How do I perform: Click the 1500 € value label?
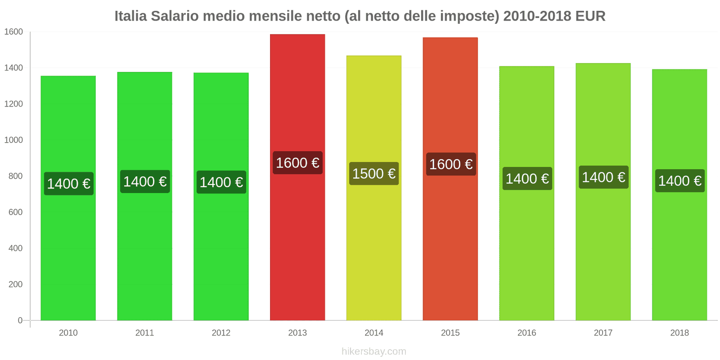[x=373, y=174]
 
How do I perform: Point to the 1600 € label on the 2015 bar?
[x=450, y=164]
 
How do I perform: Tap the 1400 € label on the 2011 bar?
[x=145, y=181]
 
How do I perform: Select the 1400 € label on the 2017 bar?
[x=603, y=177]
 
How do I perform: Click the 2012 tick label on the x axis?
[x=221, y=333]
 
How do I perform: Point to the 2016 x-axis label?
[x=526, y=333]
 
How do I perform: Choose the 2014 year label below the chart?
[x=373, y=333]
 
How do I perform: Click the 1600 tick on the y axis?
[x=13, y=32]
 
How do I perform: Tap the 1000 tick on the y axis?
[x=13, y=140]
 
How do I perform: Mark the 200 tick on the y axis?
[x=15, y=284]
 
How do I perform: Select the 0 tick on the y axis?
[x=20, y=320]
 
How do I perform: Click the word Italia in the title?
[x=130, y=16]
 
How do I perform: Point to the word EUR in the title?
[x=590, y=16]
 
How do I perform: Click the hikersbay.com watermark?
[x=373, y=351]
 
